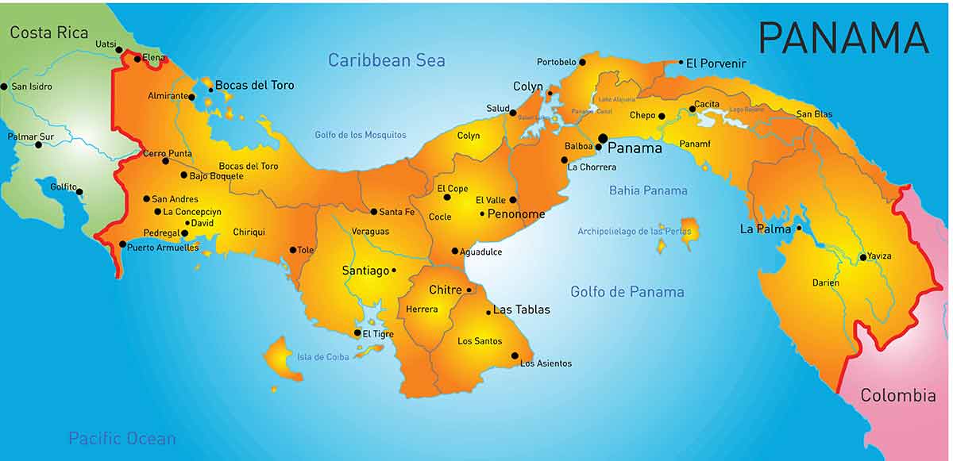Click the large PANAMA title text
pos(843,37)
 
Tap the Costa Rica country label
pos(48,33)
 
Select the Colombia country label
pos(898,395)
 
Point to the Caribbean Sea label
pos(387,60)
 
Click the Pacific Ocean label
pos(122,438)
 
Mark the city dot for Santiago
pos(394,271)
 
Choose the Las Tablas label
pos(521,309)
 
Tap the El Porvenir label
pos(716,63)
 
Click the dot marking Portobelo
pos(582,62)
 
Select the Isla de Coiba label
pos(323,357)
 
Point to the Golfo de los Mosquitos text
pos(360,135)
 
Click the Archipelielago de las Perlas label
pos(634,232)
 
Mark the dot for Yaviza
pos(862,257)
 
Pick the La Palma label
pos(766,229)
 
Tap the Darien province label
pos(825,282)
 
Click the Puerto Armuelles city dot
pos(122,244)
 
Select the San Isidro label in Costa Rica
pos(31,86)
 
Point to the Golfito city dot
pos(79,191)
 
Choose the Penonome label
pos(516,214)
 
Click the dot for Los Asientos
pos(515,355)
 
